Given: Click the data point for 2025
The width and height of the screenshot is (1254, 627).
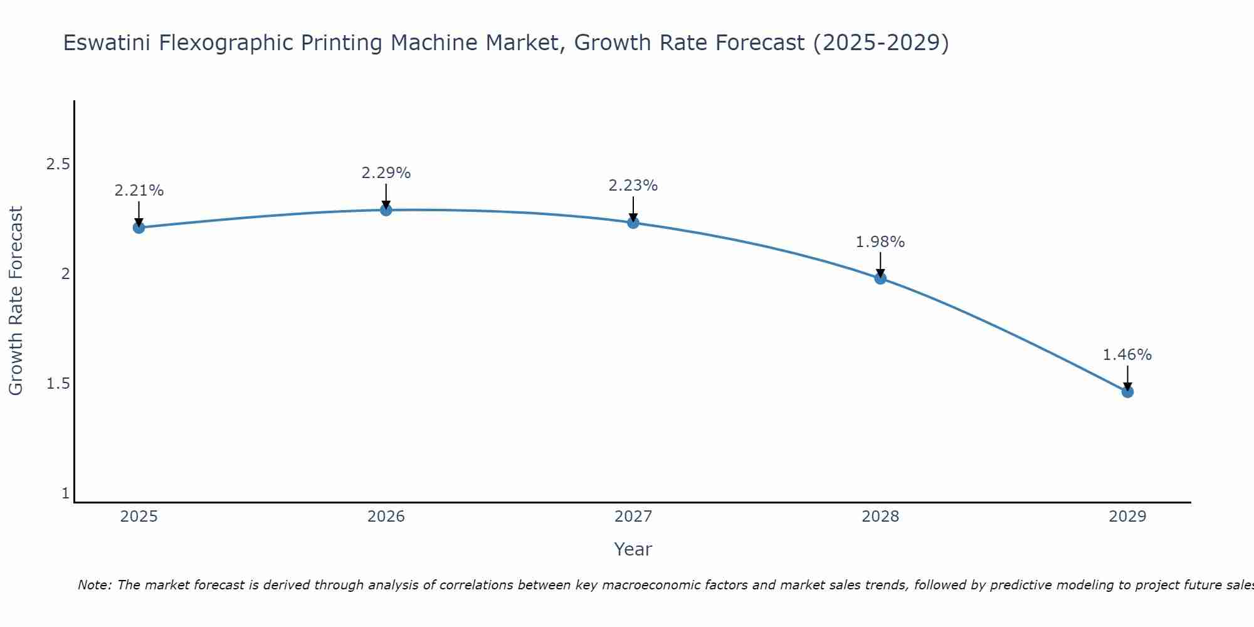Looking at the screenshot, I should pos(139,228).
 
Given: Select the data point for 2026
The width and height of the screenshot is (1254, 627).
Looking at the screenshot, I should pos(386,210).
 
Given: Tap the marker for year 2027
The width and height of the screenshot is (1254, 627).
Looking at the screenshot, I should pos(633,223).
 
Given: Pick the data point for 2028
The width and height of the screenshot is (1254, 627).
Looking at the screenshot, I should pos(880,278).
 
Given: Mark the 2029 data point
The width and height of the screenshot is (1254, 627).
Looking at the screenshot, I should pos(1127,392).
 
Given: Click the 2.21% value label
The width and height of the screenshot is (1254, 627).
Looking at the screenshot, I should pos(139,191).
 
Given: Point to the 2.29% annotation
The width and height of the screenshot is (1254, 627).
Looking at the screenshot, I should pos(386,173).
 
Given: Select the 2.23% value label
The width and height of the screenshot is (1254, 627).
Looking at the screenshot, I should pos(633,186).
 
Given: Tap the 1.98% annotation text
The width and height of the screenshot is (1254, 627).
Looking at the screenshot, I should pos(880,242).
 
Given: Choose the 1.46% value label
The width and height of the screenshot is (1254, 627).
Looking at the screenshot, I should pos(1127,355).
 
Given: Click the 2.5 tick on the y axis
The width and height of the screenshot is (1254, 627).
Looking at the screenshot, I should pos(58,164).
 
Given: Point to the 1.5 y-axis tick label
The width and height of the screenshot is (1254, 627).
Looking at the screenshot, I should pos(58,384).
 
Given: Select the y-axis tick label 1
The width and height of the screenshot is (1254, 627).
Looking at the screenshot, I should pos(65,493).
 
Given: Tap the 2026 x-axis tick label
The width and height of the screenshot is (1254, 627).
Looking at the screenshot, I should pos(386,517).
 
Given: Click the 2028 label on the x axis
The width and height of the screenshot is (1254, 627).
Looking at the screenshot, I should pos(880,517).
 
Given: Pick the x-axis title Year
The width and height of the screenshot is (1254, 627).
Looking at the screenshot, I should pos(633,549).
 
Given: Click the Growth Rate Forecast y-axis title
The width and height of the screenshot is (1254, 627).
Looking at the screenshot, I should pos(16,301).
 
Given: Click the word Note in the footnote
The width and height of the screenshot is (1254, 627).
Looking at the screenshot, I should pos(94,585).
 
